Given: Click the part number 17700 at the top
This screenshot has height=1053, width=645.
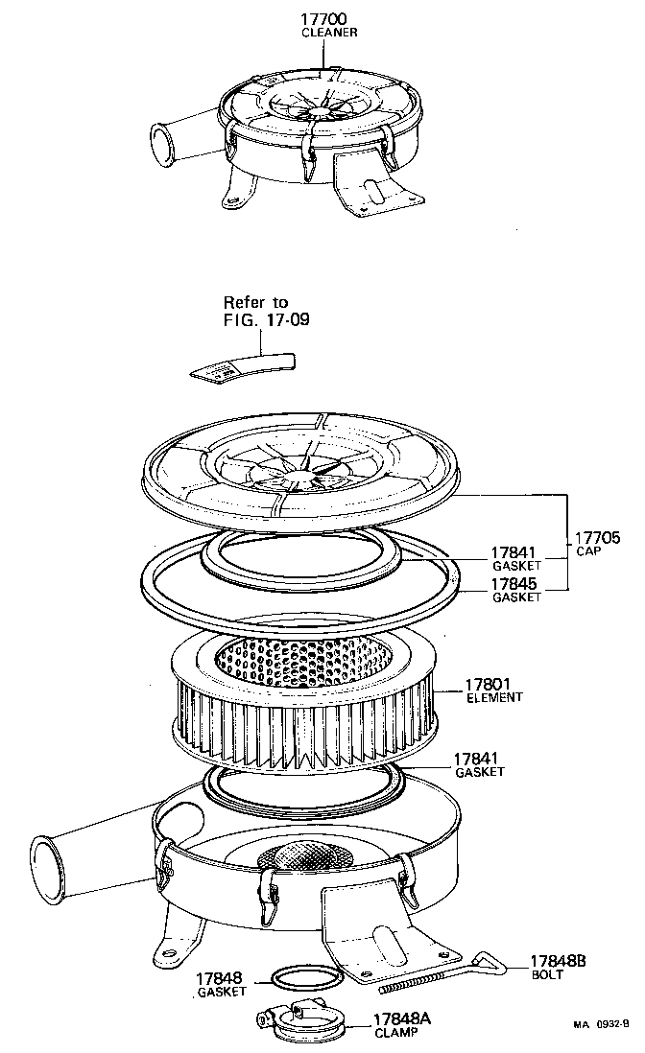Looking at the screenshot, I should pos(322,18).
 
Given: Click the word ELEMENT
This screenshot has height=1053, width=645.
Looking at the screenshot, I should pos(494,698).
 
